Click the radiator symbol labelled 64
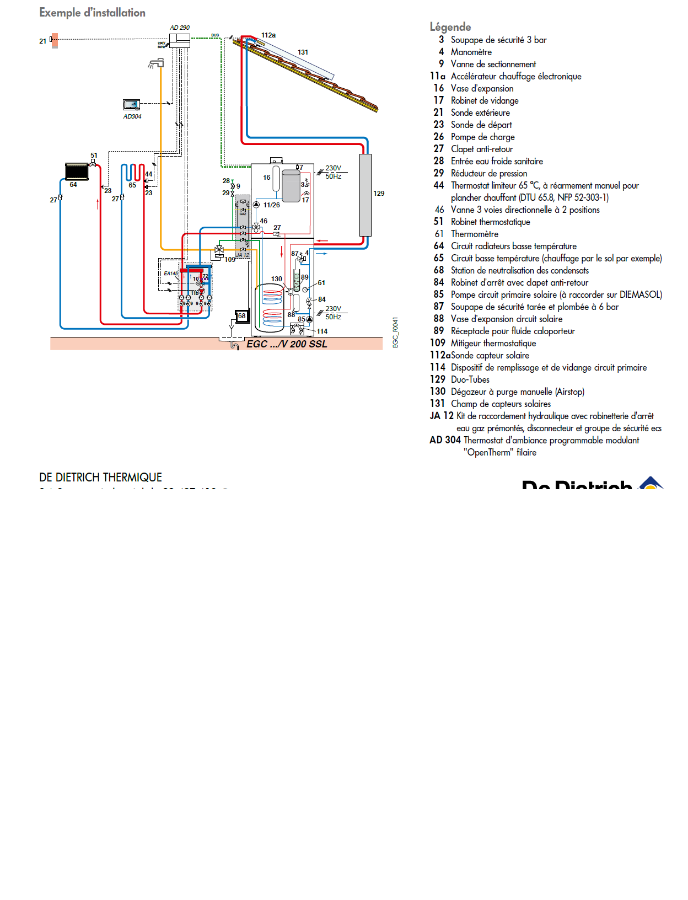(77, 172)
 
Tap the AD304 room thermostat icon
(131, 104)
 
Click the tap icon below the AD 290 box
(156, 63)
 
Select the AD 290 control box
(179, 40)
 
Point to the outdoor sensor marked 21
(54, 40)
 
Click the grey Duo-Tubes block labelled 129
(365, 195)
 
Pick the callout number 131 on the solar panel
(303, 52)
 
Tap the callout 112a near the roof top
(268, 35)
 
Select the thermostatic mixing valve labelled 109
(219, 251)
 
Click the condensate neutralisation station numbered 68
(241, 316)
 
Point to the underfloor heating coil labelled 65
(133, 173)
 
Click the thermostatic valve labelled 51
(93, 163)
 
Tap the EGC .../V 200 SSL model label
(287, 344)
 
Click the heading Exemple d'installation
(92, 13)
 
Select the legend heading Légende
(450, 27)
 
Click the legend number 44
(438, 185)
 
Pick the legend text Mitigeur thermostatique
(493, 343)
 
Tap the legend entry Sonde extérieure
(480, 113)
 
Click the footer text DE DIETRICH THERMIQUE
(100, 478)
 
